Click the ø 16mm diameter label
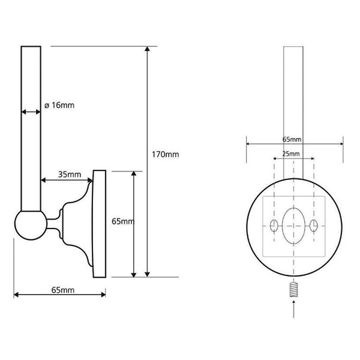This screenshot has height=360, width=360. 59,106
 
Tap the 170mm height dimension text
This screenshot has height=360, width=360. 166,154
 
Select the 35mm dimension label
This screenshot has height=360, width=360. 70,175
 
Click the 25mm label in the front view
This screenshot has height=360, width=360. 291,154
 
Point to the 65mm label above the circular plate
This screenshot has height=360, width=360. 292,139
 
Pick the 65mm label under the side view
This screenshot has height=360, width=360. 63,290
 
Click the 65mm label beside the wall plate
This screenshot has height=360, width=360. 123,221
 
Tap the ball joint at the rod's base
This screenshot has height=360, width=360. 31,224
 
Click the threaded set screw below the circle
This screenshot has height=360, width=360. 294,290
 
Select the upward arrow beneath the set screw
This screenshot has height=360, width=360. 294,309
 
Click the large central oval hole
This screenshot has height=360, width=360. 293,226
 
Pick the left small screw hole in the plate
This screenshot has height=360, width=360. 274,226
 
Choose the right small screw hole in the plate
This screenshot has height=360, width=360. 314,226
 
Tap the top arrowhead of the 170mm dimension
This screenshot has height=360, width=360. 148,49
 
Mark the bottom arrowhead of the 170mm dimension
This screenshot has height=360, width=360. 148,275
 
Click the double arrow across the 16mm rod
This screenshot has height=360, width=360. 31,112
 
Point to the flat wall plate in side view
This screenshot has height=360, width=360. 99,224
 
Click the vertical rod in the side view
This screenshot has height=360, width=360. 31,128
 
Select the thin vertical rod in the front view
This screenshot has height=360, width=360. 293,113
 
